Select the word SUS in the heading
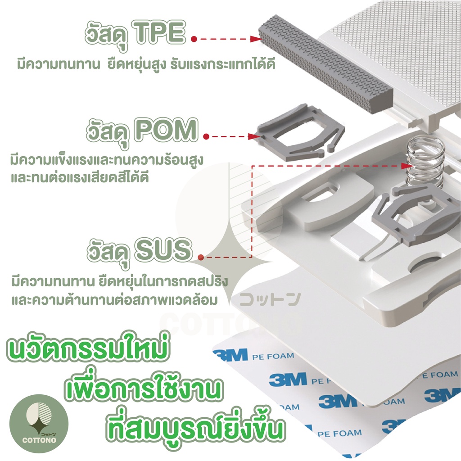click(163, 250)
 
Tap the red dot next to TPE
click(194, 39)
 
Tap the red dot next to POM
click(206, 136)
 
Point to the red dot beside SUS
click(201, 258)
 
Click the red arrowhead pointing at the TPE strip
click(256, 39)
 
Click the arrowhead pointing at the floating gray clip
click(254, 136)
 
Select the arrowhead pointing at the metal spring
click(407, 166)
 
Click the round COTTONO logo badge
click(39, 424)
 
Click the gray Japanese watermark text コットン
click(270, 299)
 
